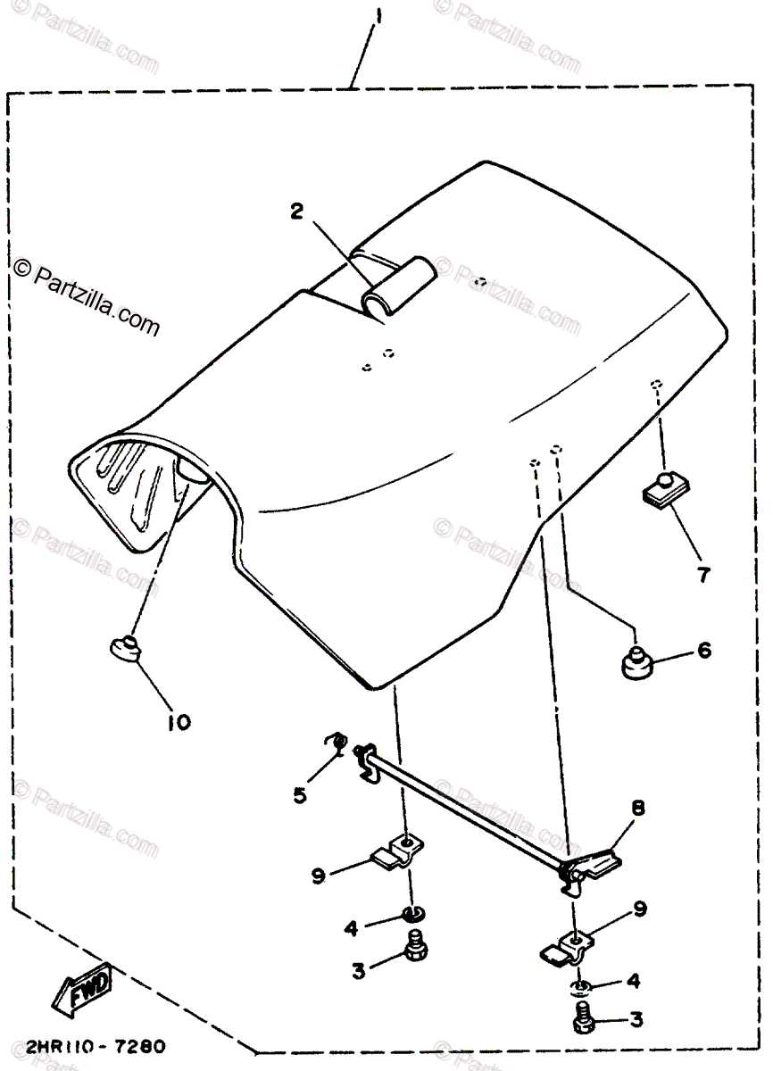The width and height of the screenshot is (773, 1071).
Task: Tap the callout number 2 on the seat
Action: [296, 212]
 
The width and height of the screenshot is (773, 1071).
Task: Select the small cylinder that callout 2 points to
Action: [398, 286]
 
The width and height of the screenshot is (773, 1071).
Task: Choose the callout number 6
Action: [704, 651]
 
